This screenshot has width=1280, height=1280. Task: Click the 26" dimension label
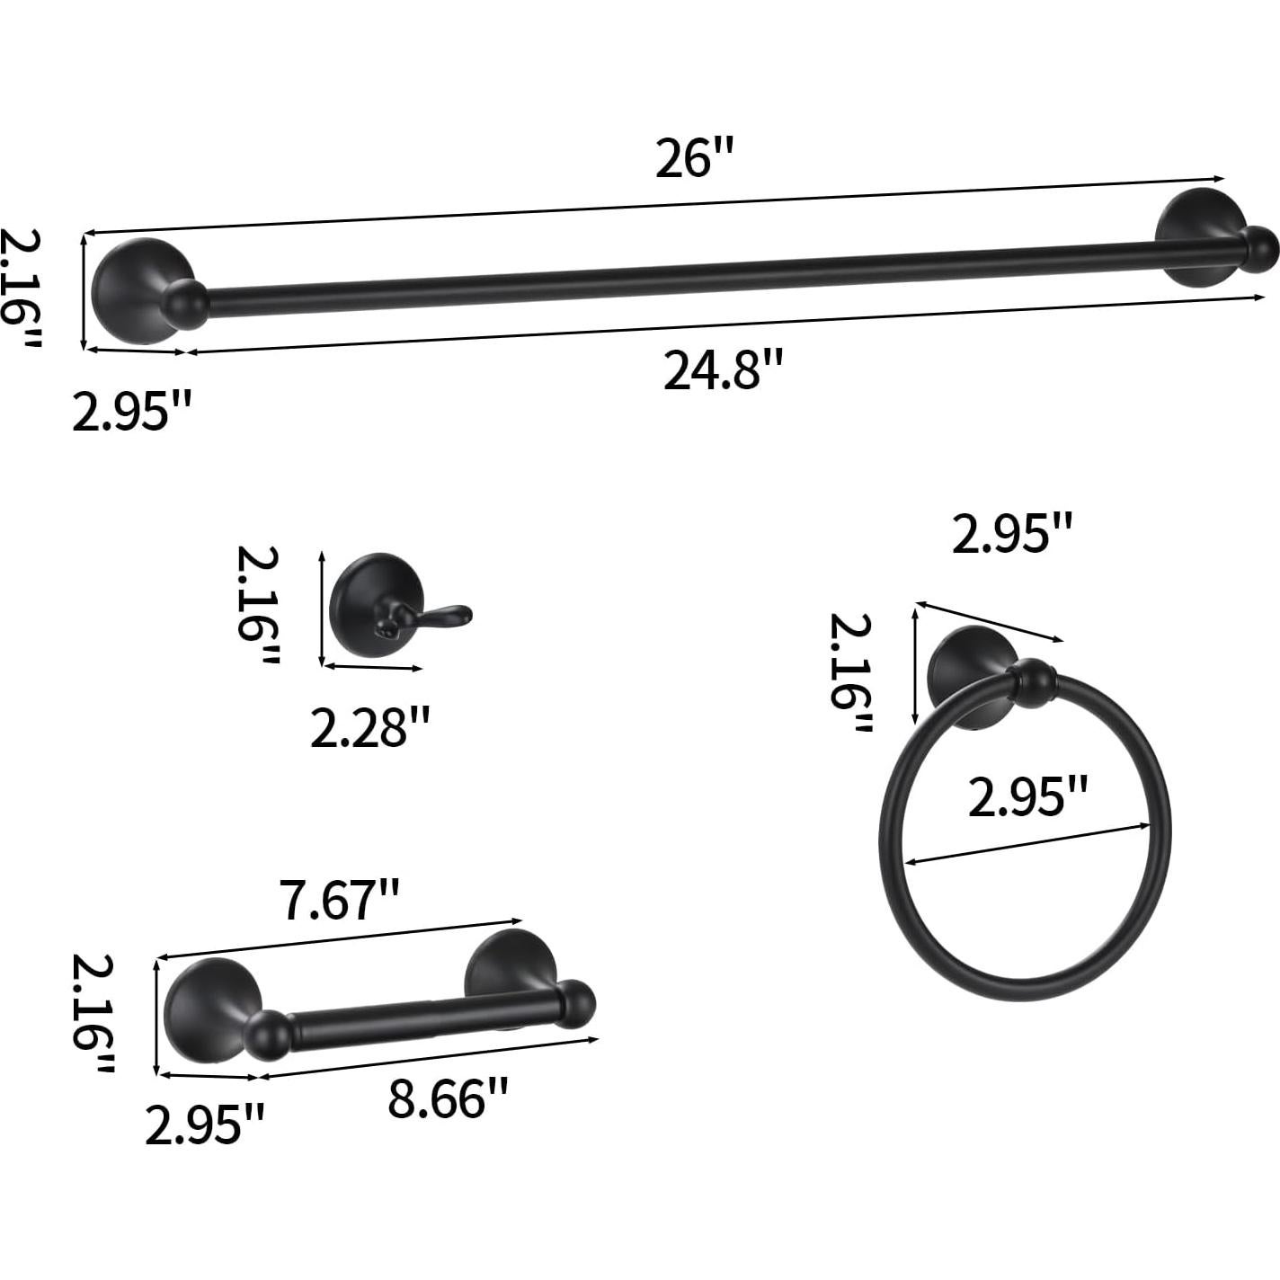click(694, 159)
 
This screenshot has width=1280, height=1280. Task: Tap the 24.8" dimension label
click(724, 370)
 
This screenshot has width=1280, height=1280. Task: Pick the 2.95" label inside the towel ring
click(1027, 796)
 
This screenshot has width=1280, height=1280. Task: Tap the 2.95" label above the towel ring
click(1011, 536)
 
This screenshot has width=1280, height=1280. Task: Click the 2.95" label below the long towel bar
click(131, 413)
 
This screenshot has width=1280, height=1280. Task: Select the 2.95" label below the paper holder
click(205, 1124)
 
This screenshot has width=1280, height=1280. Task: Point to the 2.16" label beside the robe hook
click(258, 606)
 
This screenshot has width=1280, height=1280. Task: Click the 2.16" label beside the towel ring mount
click(849, 672)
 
